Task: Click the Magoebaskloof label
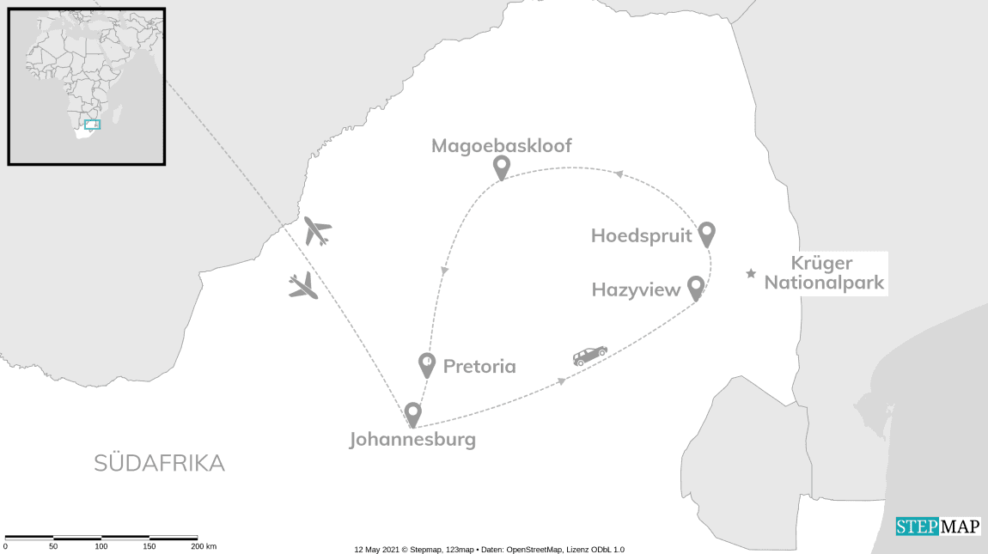pyautogui.click(x=501, y=145)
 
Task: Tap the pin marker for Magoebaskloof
pyautogui.click(x=501, y=167)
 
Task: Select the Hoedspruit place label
pyautogui.click(x=641, y=235)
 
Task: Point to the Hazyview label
pyautogui.click(x=636, y=290)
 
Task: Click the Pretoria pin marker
pyautogui.click(x=426, y=364)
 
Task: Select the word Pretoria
pyautogui.click(x=479, y=367)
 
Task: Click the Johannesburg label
pyautogui.click(x=412, y=440)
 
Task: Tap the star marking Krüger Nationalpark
pyautogui.click(x=751, y=274)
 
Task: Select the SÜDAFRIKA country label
pyautogui.click(x=159, y=464)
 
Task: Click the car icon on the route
pyautogui.click(x=590, y=356)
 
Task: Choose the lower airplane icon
pyautogui.click(x=303, y=286)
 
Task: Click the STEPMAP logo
pyautogui.click(x=937, y=527)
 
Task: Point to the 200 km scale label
pyautogui.click(x=204, y=546)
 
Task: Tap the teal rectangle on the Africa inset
pyautogui.click(x=92, y=125)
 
